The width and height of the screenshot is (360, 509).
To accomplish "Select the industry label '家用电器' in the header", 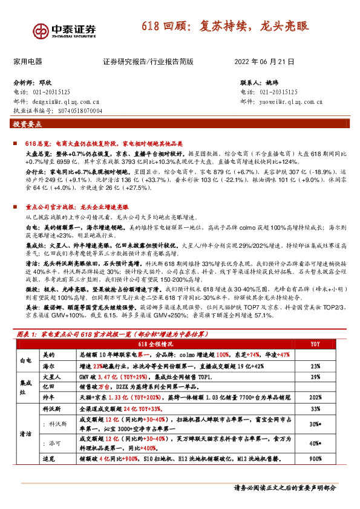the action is click(x=28, y=62).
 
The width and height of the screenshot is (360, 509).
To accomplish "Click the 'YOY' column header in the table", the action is click(x=315, y=344).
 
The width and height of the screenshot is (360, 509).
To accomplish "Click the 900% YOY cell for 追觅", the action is click(x=315, y=459).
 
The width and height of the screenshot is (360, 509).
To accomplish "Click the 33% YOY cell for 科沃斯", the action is click(x=315, y=409).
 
